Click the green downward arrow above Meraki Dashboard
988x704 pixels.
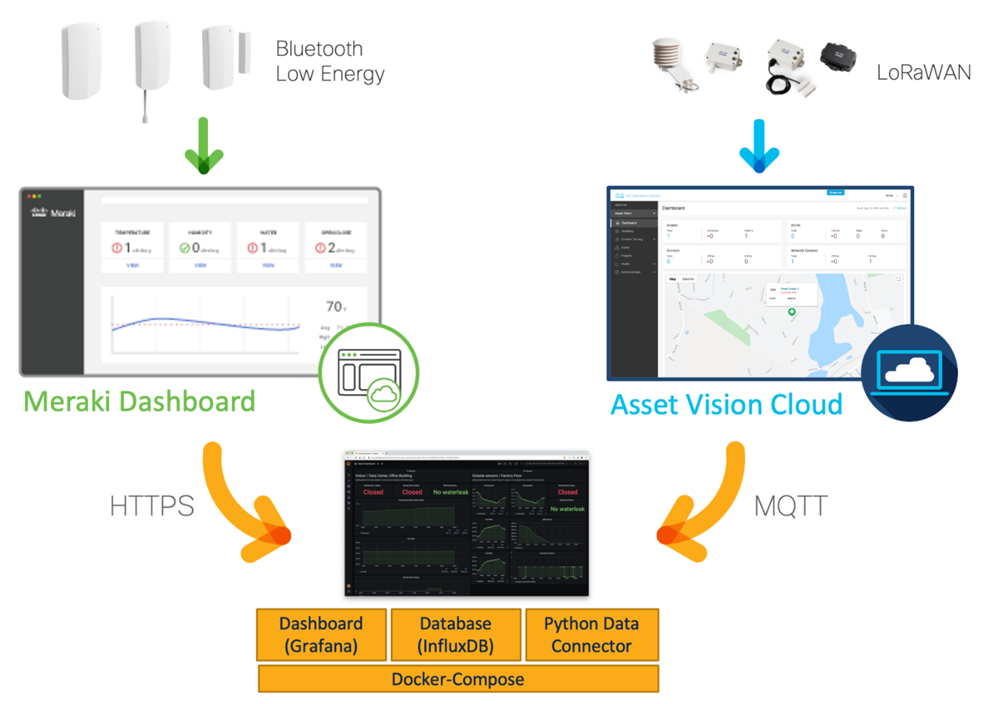click(203, 147)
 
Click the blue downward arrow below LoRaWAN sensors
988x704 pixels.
click(759, 147)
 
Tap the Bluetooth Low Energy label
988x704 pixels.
click(330, 62)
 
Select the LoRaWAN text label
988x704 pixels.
click(923, 72)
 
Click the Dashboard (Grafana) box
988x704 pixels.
click(321, 635)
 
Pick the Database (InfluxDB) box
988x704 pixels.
click(456, 635)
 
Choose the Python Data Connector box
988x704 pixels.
click(591, 635)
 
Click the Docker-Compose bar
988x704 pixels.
click(458, 679)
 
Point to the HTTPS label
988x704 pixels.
click(152, 506)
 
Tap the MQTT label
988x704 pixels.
click(790, 506)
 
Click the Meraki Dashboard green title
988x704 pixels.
click(139, 402)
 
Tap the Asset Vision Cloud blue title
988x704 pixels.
click(726, 405)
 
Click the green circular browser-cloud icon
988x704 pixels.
click(368, 373)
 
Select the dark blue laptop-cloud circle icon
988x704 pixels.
click(908, 372)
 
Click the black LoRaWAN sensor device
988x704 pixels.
click(838, 57)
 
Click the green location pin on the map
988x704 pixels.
click(792, 312)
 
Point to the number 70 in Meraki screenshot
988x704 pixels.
click(335, 307)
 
